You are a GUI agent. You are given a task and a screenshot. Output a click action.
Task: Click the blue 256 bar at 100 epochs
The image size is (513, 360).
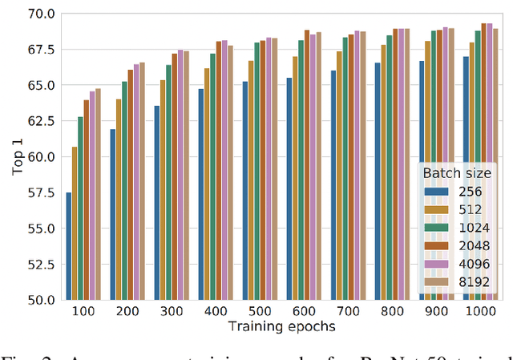(x=69, y=246)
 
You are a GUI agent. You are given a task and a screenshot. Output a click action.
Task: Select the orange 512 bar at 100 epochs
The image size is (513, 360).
(x=75, y=223)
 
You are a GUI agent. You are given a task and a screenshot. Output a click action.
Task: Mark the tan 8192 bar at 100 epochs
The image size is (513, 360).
(x=98, y=194)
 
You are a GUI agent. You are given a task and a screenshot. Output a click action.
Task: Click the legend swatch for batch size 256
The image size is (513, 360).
(x=435, y=192)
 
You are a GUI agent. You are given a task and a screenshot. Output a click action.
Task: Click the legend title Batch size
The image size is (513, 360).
(x=458, y=174)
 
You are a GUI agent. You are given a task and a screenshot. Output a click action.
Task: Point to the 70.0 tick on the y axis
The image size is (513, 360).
(x=39, y=14)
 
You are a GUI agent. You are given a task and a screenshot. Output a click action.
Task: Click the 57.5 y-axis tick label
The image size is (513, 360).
(x=39, y=193)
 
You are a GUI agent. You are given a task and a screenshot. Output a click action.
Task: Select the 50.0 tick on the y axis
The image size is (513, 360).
(x=39, y=300)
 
